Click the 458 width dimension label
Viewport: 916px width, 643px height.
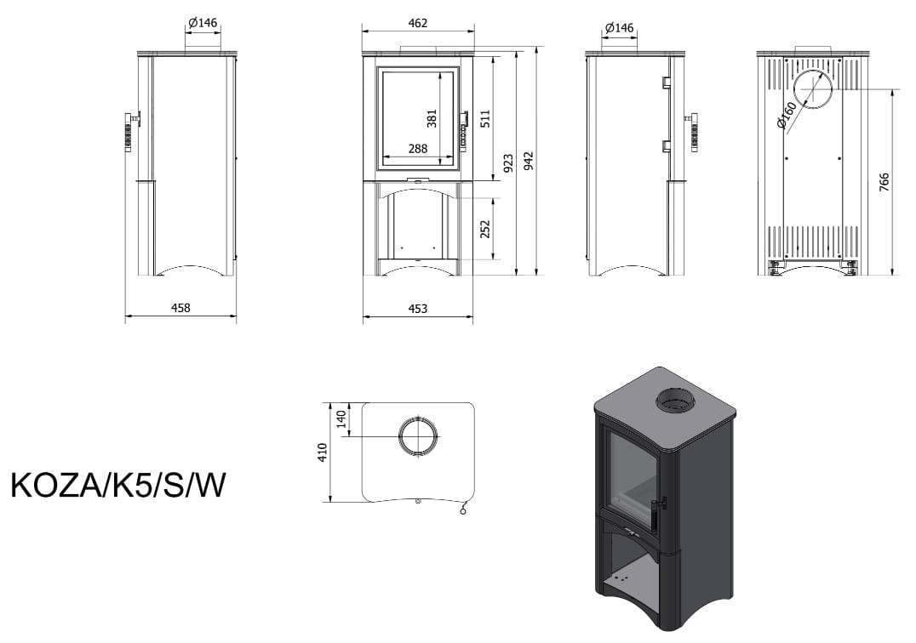pos(180,308)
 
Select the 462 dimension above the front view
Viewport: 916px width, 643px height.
pos(417,23)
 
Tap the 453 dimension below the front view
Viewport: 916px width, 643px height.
pos(417,308)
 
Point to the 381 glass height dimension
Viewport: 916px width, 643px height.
pos(432,118)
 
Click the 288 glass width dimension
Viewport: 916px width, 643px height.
pos(417,149)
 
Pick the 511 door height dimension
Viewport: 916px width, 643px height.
pos(486,118)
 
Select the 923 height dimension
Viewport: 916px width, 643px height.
pos(508,162)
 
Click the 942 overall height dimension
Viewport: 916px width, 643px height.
pos(529,162)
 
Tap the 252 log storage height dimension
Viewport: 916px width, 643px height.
pos(485,229)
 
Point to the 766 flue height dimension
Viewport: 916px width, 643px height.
pos(884,182)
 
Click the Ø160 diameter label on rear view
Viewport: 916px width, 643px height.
pos(787,115)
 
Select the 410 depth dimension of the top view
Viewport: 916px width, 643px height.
pos(321,451)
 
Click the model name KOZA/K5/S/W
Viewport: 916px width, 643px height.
pos(118,485)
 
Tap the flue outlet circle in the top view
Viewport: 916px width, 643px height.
pos(419,437)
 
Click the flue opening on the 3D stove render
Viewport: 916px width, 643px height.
pos(673,401)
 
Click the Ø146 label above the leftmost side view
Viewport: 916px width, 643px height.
pos(203,23)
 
